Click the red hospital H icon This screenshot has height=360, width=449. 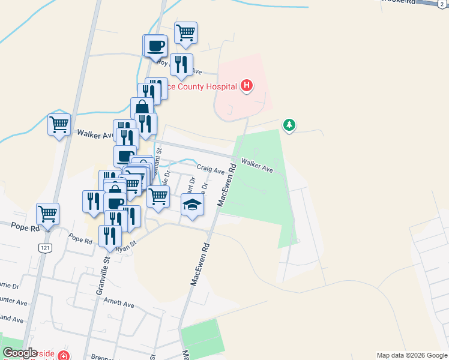(x=246, y=86)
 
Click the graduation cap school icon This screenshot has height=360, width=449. (x=192, y=206)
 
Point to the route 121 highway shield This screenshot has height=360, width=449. (x=44, y=248)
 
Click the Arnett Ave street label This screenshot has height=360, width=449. (x=119, y=304)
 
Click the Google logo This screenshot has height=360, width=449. (x=20, y=353)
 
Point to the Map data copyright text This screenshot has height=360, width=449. (x=412, y=355)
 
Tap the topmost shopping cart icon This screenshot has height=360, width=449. (x=186, y=32)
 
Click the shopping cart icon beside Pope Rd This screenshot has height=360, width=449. (x=47, y=213)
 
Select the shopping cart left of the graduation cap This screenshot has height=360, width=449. (x=158, y=196)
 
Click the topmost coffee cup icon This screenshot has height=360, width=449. (x=155, y=45)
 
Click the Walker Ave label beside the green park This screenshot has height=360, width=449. (x=257, y=166)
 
